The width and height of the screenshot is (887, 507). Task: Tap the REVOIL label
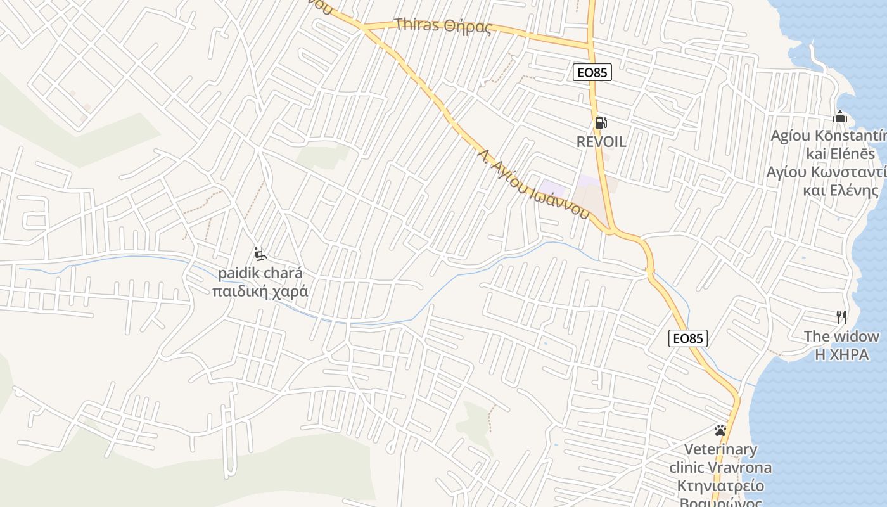(601, 142)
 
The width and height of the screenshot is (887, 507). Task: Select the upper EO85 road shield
(592, 73)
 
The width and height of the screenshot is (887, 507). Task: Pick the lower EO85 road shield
(688, 338)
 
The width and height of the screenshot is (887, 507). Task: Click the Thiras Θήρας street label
(443, 26)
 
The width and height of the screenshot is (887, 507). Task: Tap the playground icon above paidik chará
(260, 255)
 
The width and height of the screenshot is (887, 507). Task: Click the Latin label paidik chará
(260, 274)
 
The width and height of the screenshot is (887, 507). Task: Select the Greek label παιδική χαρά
(260, 292)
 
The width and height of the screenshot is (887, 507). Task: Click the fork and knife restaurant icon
(841, 318)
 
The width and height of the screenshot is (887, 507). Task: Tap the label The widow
(841, 337)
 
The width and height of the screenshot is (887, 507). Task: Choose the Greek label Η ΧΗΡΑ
(841, 354)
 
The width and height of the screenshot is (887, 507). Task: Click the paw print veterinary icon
(720, 430)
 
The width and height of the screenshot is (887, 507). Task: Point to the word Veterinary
(721, 450)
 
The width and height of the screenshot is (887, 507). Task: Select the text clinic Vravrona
(721, 468)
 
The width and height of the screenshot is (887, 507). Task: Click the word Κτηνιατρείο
(721, 486)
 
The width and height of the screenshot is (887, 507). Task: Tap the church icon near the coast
(841, 117)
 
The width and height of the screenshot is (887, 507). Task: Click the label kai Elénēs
(840, 154)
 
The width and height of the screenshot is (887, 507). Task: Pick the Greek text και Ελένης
(840, 191)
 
